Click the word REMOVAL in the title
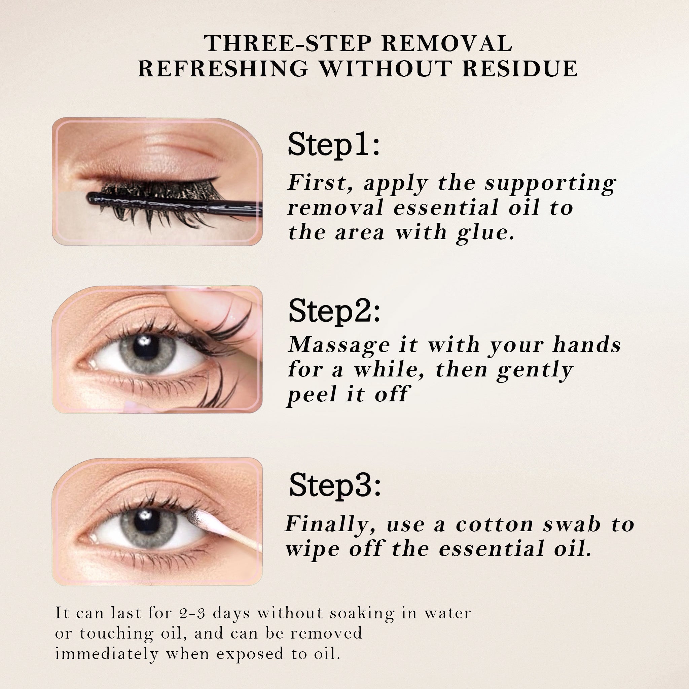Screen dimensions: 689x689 click(446, 43)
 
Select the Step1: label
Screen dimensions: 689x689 click(334, 145)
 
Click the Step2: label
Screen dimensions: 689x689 click(334, 311)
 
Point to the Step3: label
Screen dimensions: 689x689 click(335, 485)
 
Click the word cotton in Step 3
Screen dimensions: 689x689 click(494, 524)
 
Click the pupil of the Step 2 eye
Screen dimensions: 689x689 click(146, 347)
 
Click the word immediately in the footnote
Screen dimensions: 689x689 click(107, 654)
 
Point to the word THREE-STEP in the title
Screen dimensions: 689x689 click(287, 43)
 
